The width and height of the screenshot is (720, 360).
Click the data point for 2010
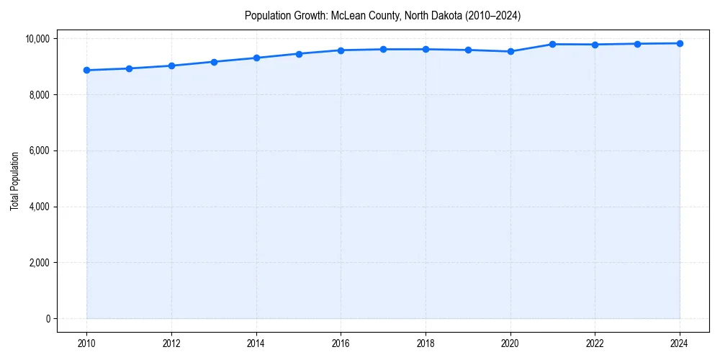pyautogui.click(x=86, y=70)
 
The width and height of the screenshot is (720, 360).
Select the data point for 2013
pyautogui.click(x=214, y=62)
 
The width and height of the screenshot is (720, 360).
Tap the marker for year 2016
pyautogui.click(x=341, y=50)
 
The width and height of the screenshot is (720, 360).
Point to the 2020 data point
pyautogui.click(x=510, y=51)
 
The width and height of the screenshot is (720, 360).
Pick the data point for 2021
pyautogui.click(x=553, y=44)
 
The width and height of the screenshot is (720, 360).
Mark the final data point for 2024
pyautogui.click(x=680, y=43)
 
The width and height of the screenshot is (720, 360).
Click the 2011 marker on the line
pyautogui.click(x=129, y=68)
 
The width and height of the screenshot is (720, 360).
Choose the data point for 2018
pyautogui.click(x=426, y=49)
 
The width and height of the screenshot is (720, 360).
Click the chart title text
pyautogui.click(x=382, y=15)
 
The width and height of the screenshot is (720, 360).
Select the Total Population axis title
pyautogui.click(x=14, y=181)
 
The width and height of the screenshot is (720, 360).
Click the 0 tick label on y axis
pyautogui.click(x=48, y=319)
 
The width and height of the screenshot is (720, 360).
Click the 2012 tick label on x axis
pyautogui.click(x=171, y=341)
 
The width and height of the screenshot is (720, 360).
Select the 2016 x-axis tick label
pyautogui.click(x=341, y=341)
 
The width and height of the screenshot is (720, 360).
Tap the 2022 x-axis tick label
pyautogui.click(x=595, y=341)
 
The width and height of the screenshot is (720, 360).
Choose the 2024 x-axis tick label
pyautogui.click(x=680, y=341)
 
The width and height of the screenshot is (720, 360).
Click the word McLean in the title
pyautogui.click(x=347, y=15)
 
